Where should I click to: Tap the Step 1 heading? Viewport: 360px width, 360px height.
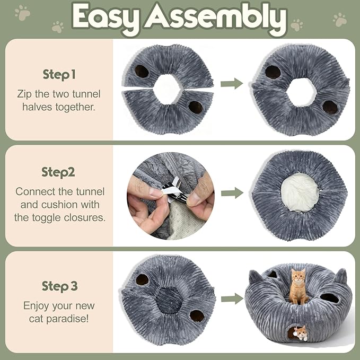pyautogui.click(x=59, y=75)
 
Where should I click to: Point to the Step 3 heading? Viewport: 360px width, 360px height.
pyautogui.click(x=59, y=286)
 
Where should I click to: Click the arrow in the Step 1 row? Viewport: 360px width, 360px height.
pyautogui.click(x=232, y=83)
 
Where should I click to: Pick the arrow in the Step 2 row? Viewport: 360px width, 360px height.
pyautogui.click(x=232, y=193)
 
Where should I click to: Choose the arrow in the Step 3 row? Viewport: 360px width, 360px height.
pyautogui.click(x=232, y=299)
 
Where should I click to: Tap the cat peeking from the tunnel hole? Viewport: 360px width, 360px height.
pyautogui.click(x=301, y=332)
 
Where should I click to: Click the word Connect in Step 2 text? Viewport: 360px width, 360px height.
pyautogui.click(x=36, y=191)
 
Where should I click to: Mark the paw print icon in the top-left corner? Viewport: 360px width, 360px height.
pyautogui.click(x=22, y=12)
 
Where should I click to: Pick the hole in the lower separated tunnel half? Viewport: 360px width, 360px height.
pyautogui.click(x=195, y=107)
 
